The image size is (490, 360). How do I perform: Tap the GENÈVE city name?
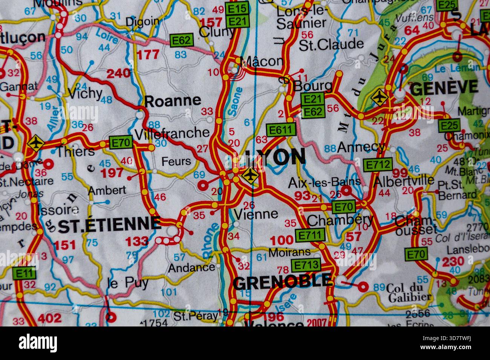point(444,88)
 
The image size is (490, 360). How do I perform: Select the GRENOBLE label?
point(283,281)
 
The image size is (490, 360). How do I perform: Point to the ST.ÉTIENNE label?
point(110,225)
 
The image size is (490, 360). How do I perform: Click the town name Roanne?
point(173,101)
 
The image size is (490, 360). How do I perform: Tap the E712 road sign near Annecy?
point(377,165)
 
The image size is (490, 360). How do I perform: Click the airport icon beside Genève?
point(379,97)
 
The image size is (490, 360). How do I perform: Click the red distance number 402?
point(50,319)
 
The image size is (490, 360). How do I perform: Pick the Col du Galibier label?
point(409,293)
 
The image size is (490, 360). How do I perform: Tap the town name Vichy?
point(85,93)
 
